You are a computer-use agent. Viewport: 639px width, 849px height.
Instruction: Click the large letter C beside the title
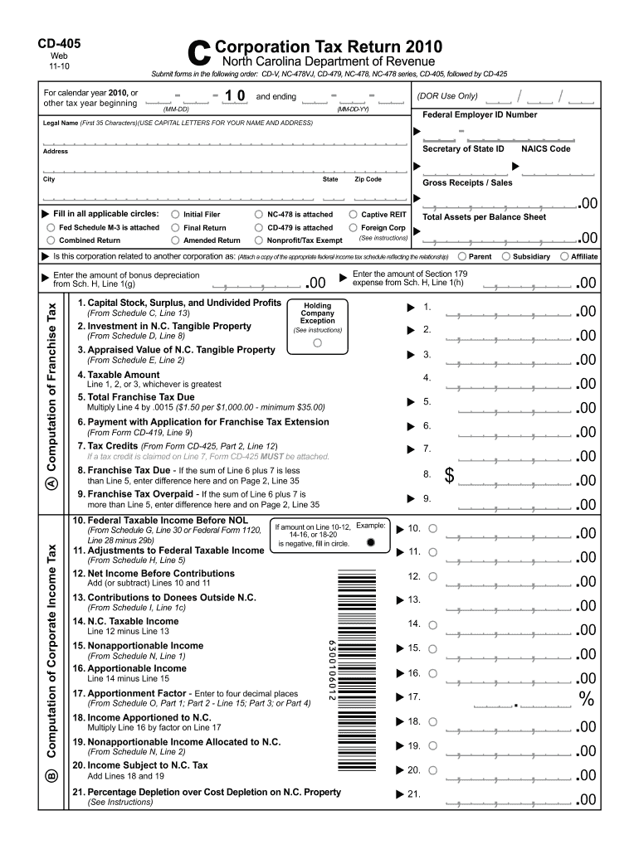click(x=200, y=54)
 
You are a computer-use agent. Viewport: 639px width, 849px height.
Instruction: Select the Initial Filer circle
click(x=175, y=215)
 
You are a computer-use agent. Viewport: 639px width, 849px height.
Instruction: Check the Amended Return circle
click(x=175, y=240)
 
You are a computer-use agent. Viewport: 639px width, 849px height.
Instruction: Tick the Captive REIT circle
click(x=354, y=214)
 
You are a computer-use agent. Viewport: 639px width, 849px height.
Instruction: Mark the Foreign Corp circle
click(x=354, y=227)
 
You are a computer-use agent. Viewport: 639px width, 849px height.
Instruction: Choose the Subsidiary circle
click(x=505, y=256)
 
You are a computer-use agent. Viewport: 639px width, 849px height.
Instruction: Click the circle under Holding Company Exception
click(x=317, y=342)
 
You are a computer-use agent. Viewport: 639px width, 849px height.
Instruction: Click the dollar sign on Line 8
click(x=450, y=476)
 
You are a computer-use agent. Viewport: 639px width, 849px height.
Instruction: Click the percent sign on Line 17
click(x=588, y=700)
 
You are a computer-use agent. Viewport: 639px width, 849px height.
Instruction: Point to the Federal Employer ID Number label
click(x=480, y=114)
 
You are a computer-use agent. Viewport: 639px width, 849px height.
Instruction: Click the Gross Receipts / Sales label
click(x=468, y=182)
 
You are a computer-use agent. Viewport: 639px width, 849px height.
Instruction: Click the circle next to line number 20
click(x=433, y=770)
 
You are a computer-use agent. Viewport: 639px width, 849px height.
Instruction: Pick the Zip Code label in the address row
click(x=368, y=179)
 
